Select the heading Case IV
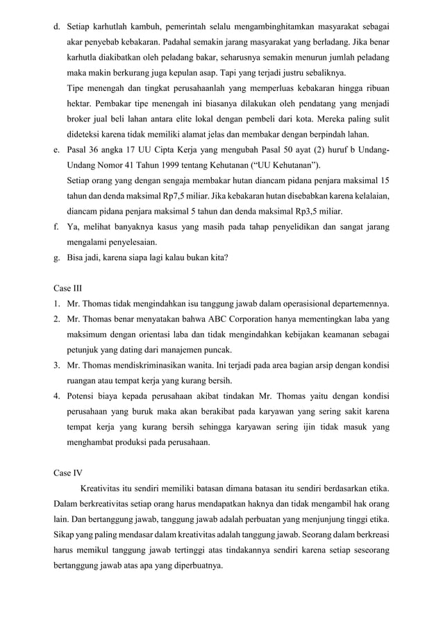(67, 473)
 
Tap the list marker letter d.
(56, 26)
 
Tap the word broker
(80, 118)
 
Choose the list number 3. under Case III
(58, 365)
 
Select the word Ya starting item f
(72, 227)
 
